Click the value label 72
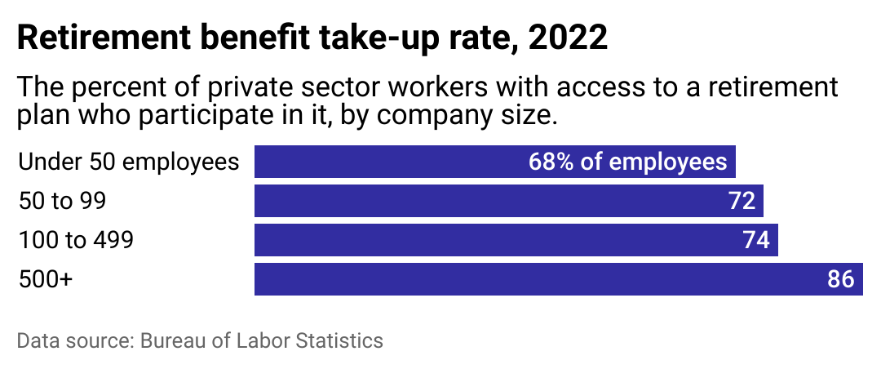742,201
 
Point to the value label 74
757,240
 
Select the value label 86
841,279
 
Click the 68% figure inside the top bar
551,162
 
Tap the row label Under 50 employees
128,162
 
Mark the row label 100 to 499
76,240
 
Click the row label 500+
46,279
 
